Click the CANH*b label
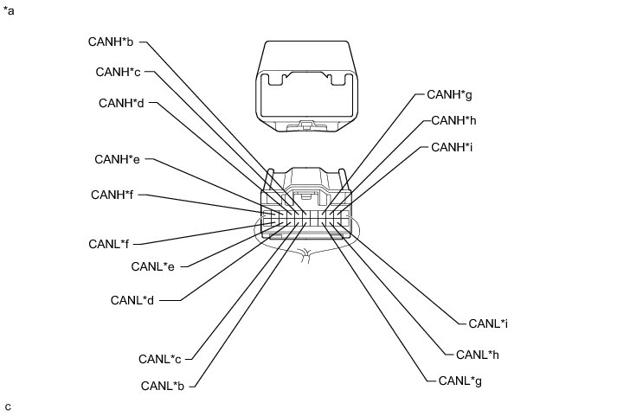pos(111,41)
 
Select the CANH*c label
pos(119,71)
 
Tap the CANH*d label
pos(121,103)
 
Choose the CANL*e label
pos(153,266)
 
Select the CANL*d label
pos(133,300)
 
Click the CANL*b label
pos(164,386)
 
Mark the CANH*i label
pos(452,147)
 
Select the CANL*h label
pos(476,354)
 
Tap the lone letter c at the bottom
pos(8,406)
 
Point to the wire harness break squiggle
pos(305,254)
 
